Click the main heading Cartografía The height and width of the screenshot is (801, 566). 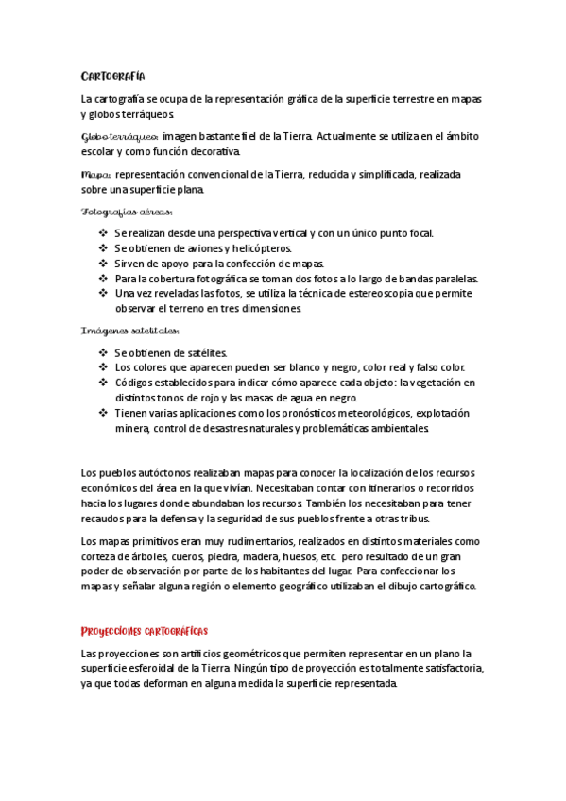point(112,77)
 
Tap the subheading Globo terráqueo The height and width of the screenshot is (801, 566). point(119,137)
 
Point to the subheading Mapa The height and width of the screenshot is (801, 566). point(96,175)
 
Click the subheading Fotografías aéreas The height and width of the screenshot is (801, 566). point(127,213)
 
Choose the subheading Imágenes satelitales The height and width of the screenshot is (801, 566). point(129,332)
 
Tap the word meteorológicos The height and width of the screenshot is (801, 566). point(341,413)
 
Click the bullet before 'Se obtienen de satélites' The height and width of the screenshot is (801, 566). point(103,352)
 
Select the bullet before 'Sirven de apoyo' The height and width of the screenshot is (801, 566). point(103,264)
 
